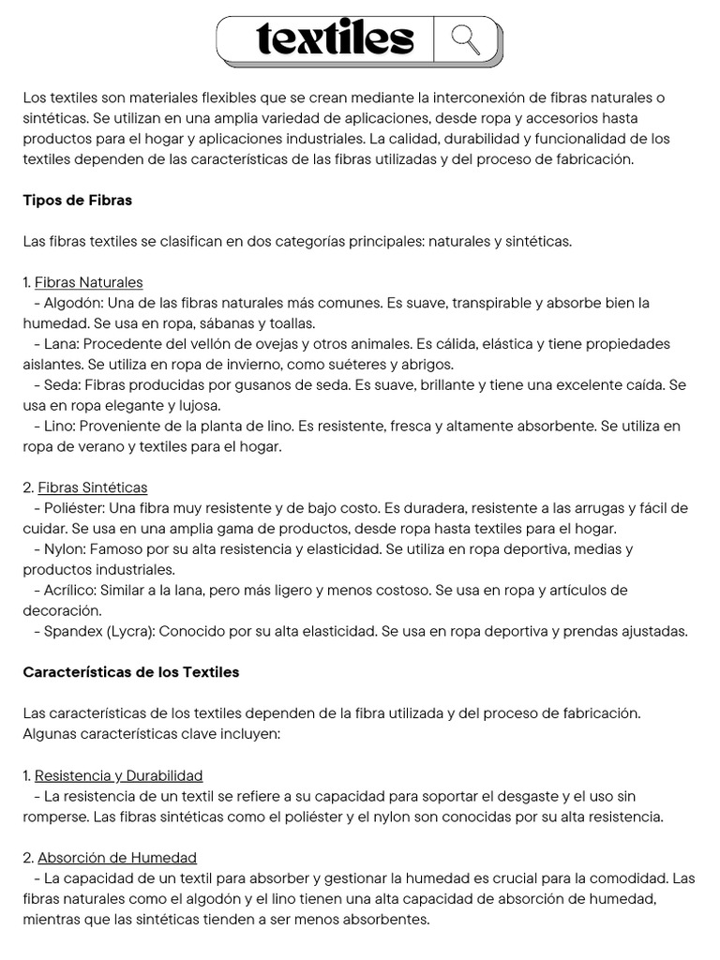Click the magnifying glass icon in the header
tap(465, 39)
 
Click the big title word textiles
tap(335, 39)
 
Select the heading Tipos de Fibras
tap(77, 200)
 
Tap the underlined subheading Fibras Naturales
tap(89, 282)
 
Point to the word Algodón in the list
tap(73, 303)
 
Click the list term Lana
tap(60, 344)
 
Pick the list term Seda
tap(61, 385)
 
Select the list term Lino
tap(59, 427)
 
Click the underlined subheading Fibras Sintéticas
tap(92, 487)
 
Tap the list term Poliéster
tap(75, 508)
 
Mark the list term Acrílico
tap(71, 591)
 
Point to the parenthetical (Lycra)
tap(130, 632)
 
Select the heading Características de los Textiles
tap(130, 672)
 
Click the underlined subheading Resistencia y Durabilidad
tap(118, 775)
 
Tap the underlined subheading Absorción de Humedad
tap(117, 858)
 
